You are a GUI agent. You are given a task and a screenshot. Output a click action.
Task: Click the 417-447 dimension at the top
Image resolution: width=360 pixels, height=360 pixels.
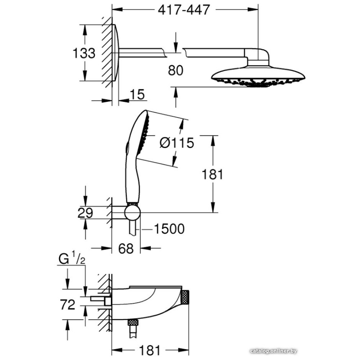[x=184, y=10]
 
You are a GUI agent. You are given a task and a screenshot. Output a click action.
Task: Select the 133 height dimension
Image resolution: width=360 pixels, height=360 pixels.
[x=84, y=53]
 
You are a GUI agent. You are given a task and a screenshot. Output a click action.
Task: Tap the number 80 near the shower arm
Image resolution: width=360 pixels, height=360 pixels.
[x=176, y=70]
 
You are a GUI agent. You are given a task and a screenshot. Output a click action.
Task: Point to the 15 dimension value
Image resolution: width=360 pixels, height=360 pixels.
[x=137, y=94]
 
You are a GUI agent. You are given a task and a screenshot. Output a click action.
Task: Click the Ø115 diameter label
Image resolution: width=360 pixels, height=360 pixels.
[x=177, y=143]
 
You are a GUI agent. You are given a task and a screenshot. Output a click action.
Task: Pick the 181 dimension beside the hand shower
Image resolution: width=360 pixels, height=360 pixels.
[x=212, y=174]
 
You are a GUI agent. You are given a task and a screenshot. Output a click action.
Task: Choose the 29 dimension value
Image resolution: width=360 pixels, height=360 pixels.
[x=85, y=213]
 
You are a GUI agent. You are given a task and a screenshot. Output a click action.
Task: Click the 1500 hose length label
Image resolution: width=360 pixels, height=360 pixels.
[x=169, y=229]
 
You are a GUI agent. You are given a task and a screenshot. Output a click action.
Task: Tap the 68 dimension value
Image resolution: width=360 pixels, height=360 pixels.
[x=126, y=248]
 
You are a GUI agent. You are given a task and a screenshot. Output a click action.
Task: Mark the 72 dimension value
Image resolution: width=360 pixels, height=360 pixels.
[x=68, y=305]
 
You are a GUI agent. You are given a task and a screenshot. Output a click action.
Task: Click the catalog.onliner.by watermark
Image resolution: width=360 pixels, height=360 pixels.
[x=274, y=351]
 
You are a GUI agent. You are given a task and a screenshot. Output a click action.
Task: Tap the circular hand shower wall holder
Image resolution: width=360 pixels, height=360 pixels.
[x=132, y=213]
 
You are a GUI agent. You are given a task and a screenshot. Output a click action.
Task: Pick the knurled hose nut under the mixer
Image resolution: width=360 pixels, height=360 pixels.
[x=134, y=322]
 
